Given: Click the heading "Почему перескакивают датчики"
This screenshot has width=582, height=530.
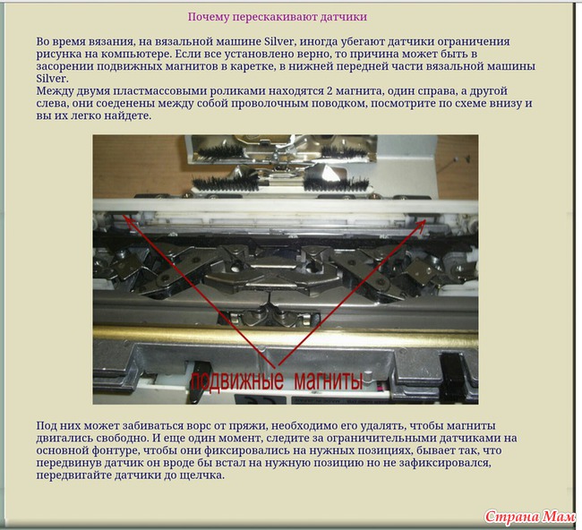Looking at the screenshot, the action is click(278, 17).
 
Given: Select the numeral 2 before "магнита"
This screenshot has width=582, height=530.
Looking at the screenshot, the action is click(330, 91).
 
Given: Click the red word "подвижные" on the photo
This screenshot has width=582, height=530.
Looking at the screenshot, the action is click(237, 380).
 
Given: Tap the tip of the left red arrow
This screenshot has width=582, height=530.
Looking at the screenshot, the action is click(124, 215).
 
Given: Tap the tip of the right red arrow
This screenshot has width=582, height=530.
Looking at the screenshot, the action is click(425, 219).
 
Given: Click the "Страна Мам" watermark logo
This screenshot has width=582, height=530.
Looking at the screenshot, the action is click(530, 517).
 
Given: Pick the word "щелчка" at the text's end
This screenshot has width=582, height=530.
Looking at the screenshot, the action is click(204, 475).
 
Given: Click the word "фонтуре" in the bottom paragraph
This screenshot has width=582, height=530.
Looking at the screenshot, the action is click(116, 450).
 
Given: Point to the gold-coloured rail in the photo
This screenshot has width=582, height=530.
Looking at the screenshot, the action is click(285, 336).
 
